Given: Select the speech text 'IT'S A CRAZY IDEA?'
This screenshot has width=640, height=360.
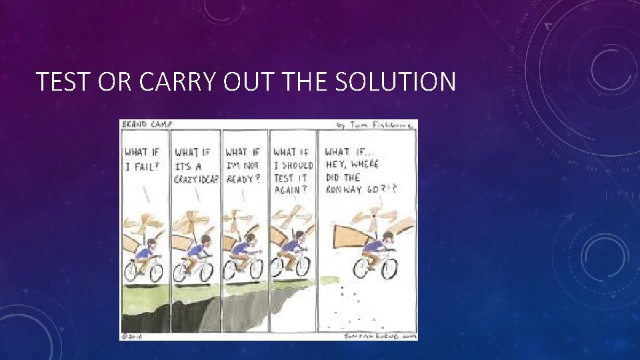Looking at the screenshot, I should click(196, 166).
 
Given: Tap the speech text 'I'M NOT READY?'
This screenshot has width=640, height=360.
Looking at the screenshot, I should click(244, 166).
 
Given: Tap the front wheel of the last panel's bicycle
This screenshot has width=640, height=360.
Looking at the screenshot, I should click(387, 268).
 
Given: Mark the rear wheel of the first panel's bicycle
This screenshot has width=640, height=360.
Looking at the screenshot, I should click(132, 270).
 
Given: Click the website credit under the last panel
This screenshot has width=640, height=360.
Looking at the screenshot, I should click(380, 336).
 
